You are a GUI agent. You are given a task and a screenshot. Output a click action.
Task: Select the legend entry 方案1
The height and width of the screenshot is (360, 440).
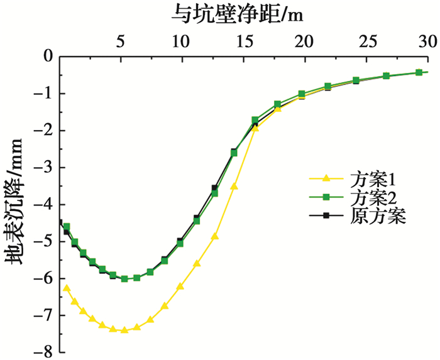(364, 178)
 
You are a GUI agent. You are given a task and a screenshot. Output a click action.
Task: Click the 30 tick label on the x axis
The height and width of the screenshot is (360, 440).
(427, 41)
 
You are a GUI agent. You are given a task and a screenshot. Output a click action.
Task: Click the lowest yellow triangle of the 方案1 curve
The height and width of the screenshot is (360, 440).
(124, 330)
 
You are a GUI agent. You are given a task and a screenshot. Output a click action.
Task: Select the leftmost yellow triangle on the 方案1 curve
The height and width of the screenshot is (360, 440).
(67, 288)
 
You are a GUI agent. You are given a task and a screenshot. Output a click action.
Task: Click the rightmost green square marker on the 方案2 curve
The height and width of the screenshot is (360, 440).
(419, 72)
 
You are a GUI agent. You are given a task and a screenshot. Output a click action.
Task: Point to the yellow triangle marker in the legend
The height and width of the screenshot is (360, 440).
(326, 178)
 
